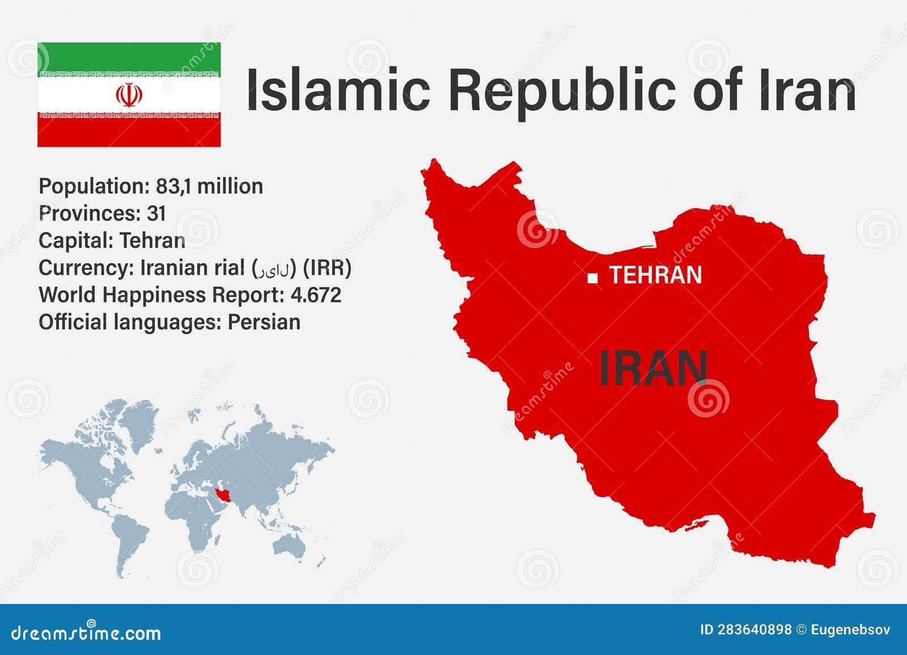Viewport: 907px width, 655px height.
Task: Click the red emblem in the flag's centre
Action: (129, 95)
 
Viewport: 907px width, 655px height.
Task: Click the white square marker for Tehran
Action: (592, 278)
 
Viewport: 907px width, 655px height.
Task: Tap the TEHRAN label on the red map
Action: (656, 275)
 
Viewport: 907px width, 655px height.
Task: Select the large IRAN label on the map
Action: (653, 368)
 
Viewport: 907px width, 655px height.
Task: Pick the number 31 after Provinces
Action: (156, 214)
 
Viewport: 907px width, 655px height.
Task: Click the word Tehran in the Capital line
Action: (152, 241)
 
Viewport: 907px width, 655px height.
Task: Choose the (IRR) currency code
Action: (327, 268)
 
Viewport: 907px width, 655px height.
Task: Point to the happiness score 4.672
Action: (316, 295)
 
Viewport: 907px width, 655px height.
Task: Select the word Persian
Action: (264, 322)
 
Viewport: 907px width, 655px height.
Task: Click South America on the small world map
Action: (129, 538)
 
